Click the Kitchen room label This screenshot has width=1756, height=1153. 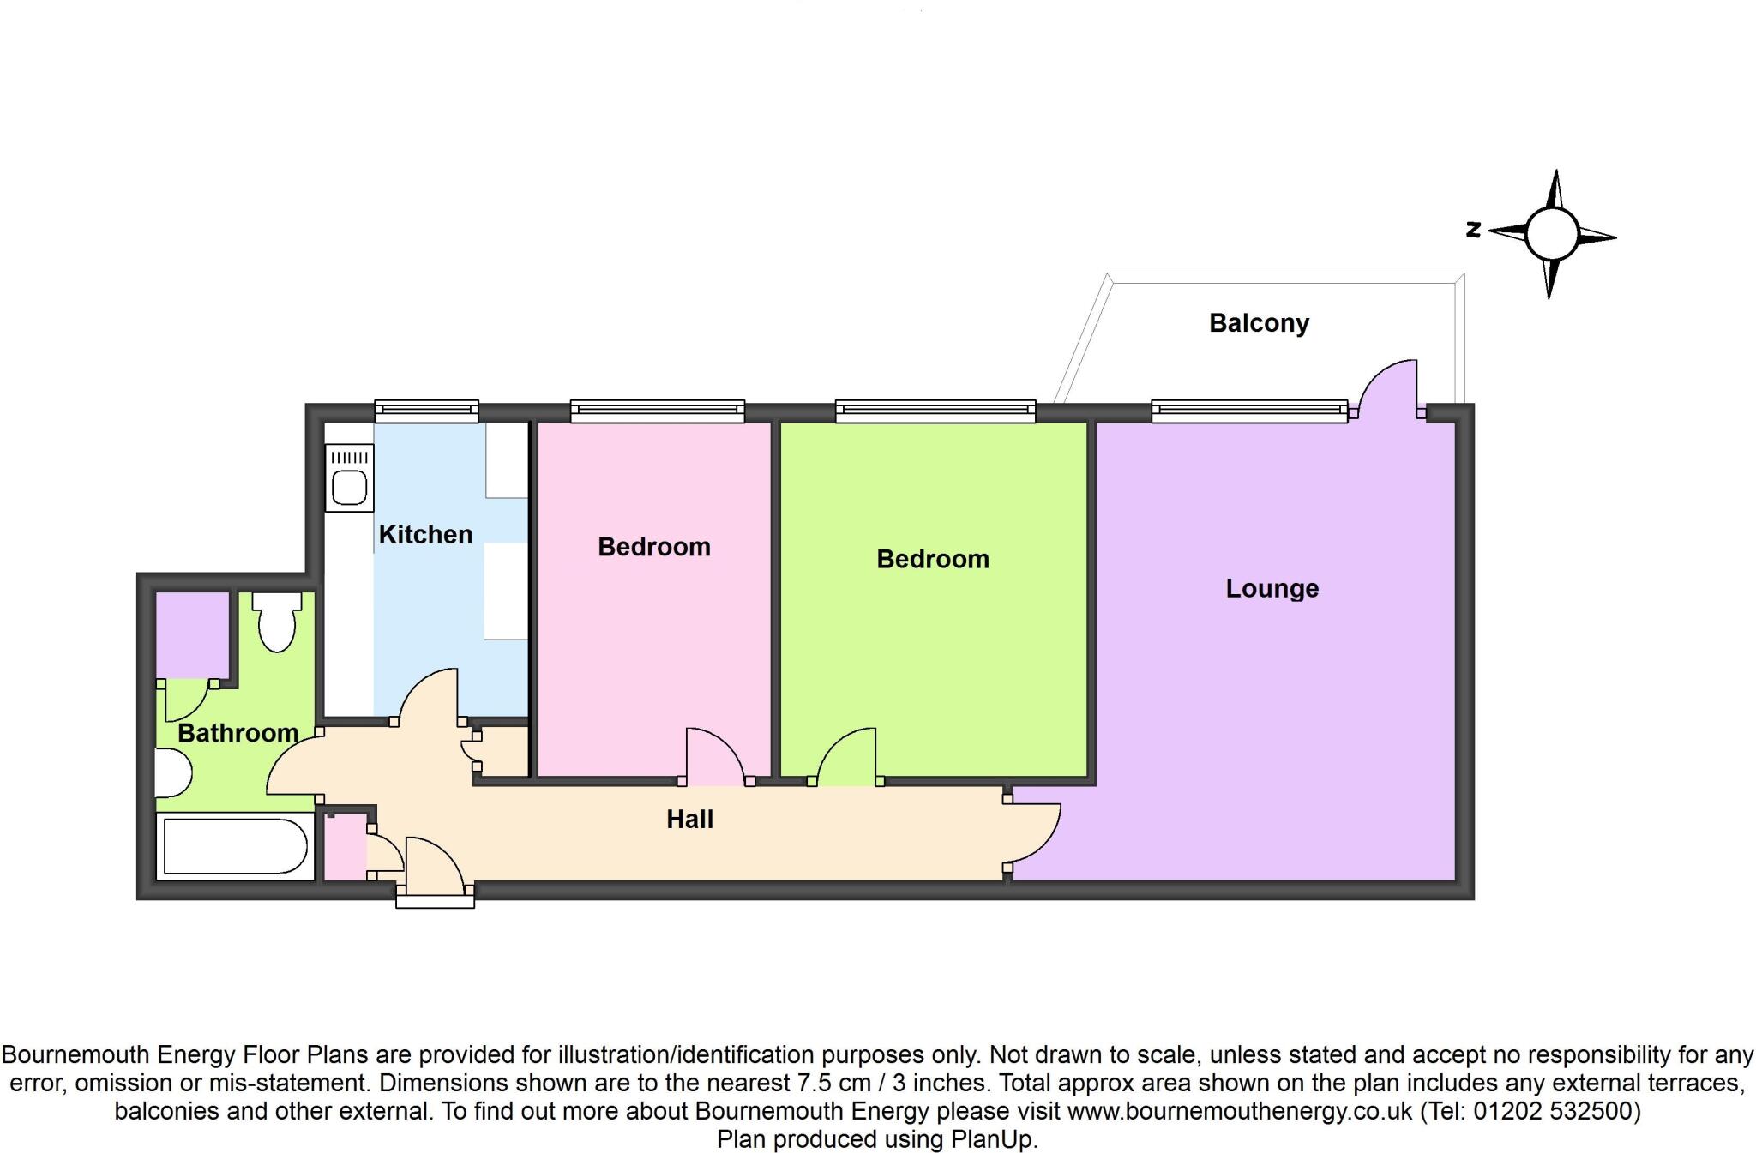pyautogui.click(x=425, y=535)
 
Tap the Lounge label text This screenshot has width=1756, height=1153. pyautogui.click(x=1272, y=588)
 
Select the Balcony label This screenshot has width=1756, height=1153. pyautogui.click(x=1259, y=323)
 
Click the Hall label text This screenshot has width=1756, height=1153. pyautogui.click(x=689, y=820)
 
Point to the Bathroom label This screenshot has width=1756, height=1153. pyautogui.click(x=238, y=733)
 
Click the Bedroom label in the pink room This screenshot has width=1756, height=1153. pyautogui.click(x=653, y=547)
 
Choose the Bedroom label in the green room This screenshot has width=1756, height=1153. pyautogui.click(x=932, y=559)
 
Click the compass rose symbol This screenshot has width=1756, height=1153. pyautogui.click(x=1552, y=234)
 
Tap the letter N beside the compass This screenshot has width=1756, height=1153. pyautogui.click(x=1474, y=229)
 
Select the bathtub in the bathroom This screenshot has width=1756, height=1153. pyautogui.click(x=234, y=847)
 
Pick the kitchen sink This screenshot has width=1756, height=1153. pyautogui.click(x=350, y=488)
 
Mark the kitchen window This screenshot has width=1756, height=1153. pyautogui.click(x=426, y=411)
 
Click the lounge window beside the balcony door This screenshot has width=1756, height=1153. pyautogui.click(x=1248, y=411)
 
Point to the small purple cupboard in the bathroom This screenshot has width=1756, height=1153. pyautogui.click(x=192, y=634)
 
